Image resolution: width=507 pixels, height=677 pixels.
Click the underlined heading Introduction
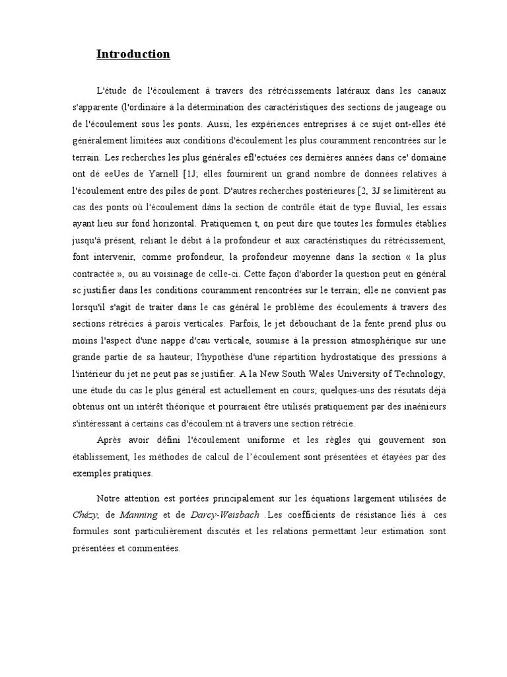click(133, 54)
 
